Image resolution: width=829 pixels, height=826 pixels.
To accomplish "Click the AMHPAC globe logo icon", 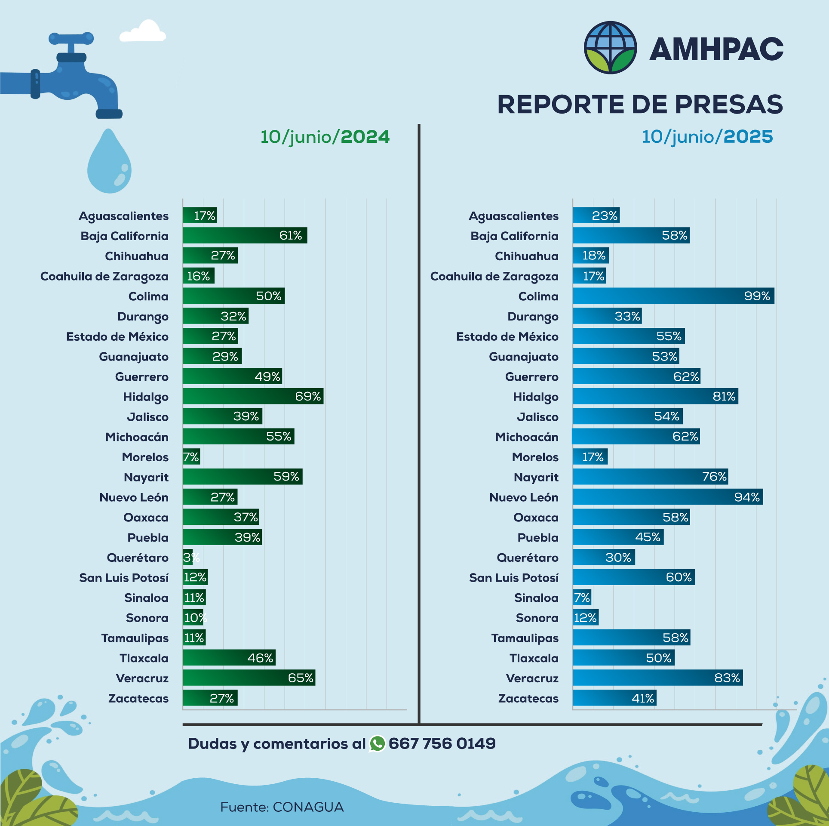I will click(x=610, y=48).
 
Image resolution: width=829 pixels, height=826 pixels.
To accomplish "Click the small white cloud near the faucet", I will click(x=143, y=32).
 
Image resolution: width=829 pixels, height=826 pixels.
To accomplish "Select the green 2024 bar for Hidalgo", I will click(x=253, y=396).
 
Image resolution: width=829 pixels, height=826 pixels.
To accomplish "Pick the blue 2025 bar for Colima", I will click(x=673, y=296).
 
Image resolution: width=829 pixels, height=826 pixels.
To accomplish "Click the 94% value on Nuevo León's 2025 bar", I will click(x=747, y=497).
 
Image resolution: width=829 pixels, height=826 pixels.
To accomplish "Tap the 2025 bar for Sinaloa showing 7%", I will click(x=582, y=598).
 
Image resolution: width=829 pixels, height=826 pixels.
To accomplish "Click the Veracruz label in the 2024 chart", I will click(x=142, y=678).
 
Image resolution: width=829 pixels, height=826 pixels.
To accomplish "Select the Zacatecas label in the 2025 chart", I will click(x=528, y=699).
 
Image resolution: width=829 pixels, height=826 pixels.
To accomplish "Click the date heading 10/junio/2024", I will click(x=325, y=137).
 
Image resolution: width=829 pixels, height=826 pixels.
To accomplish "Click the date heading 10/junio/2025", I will click(x=707, y=137).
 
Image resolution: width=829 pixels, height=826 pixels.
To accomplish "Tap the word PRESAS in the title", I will click(x=728, y=105).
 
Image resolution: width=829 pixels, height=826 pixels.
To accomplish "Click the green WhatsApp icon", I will click(x=377, y=744).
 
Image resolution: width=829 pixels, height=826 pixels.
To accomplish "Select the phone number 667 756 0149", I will click(x=442, y=744).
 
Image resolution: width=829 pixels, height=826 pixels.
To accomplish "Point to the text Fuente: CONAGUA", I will click(x=282, y=807).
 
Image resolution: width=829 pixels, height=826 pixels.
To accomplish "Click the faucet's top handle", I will click(x=71, y=38).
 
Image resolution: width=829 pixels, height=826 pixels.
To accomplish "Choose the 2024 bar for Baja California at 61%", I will click(x=245, y=236).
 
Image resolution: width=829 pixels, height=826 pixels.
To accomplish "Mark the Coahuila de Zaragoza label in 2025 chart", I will click(x=494, y=276).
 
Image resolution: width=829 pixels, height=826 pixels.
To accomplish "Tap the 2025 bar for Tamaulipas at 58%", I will click(x=631, y=638).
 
